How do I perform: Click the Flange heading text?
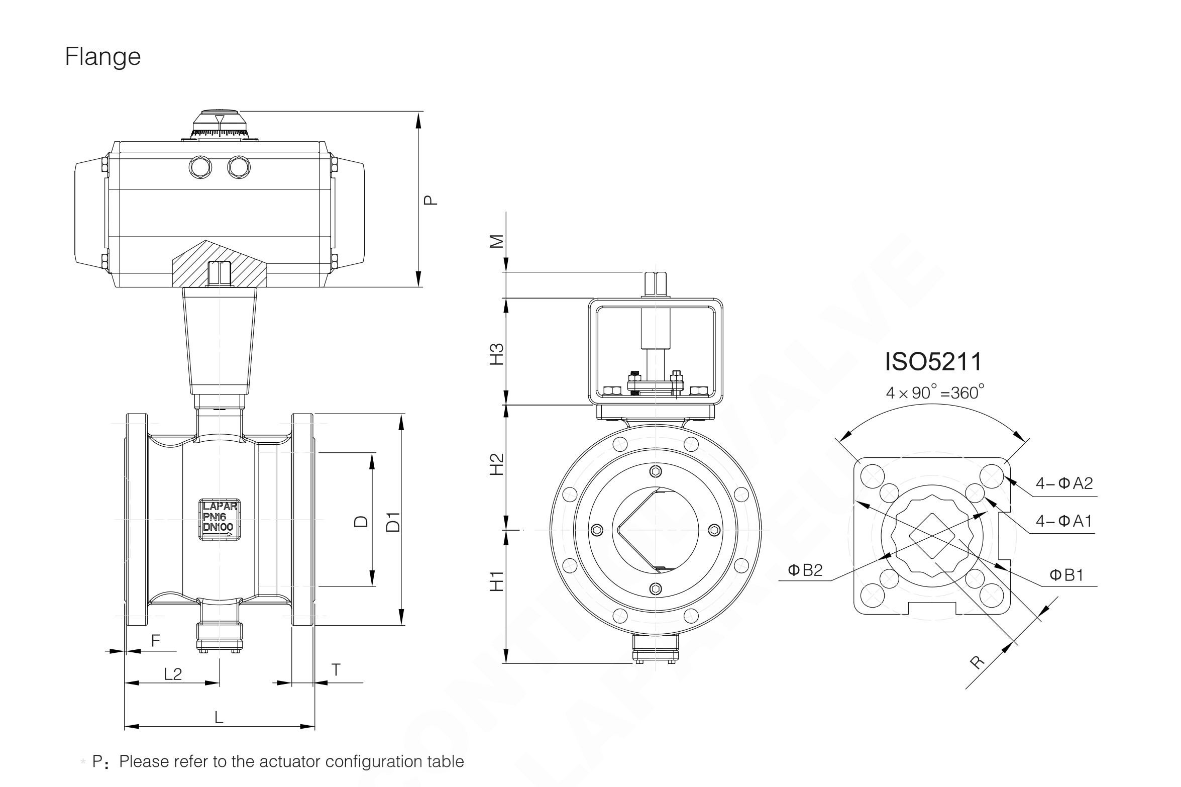click(102, 56)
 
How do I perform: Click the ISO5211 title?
click(933, 362)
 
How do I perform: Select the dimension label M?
click(496, 242)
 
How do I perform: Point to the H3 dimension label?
click(496, 354)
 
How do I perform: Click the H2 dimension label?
click(496, 464)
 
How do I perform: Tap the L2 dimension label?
click(173, 674)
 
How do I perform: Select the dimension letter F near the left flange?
click(156, 640)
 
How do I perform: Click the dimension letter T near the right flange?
click(336, 670)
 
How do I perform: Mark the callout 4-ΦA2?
click(1064, 483)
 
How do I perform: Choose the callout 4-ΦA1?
click(1063, 521)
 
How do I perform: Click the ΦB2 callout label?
click(805, 570)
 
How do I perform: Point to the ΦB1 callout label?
click(1066, 575)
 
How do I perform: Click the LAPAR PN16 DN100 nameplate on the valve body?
click(220, 520)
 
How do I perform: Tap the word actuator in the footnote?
click(291, 761)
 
